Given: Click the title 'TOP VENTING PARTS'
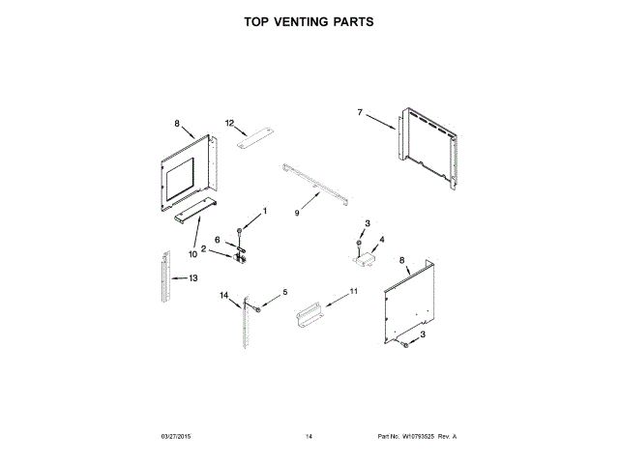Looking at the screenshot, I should [309, 20].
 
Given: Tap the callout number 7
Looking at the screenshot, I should [360, 113].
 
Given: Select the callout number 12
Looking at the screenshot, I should [230, 123].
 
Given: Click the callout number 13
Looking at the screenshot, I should [192, 277].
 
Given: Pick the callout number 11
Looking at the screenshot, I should [353, 291].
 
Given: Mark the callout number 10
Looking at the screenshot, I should [192, 253].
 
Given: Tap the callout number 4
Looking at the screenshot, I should [381, 239].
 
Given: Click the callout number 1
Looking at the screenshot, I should [264, 211].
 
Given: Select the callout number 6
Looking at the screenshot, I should [218, 240].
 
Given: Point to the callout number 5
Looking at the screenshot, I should [284, 292].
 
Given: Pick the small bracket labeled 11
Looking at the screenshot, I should [309, 314].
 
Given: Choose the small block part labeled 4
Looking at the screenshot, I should [367, 256].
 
